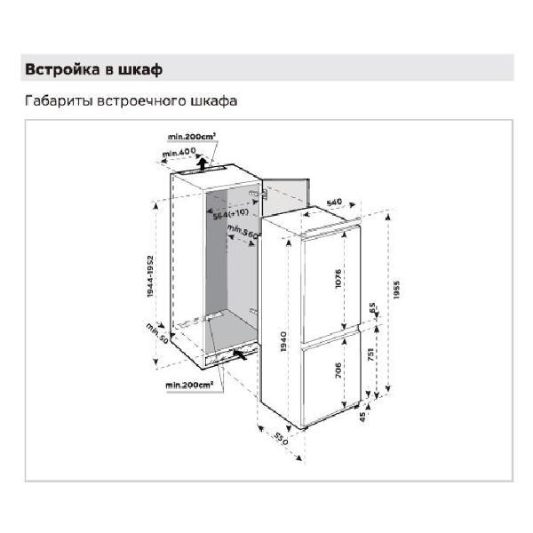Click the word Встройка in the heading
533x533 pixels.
pyautogui.click(x=61, y=68)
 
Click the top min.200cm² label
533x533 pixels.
pyautogui.click(x=192, y=137)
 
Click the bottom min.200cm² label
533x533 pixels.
pyautogui.click(x=191, y=386)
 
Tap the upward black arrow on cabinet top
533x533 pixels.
pyautogui.click(x=203, y=162)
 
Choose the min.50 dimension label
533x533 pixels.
pyautogui.click(x=158, y=336)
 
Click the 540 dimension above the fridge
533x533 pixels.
pyautogui.click(x=334, y=203)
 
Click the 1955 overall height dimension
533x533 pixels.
pyautogui.click(x=398, y=290)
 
